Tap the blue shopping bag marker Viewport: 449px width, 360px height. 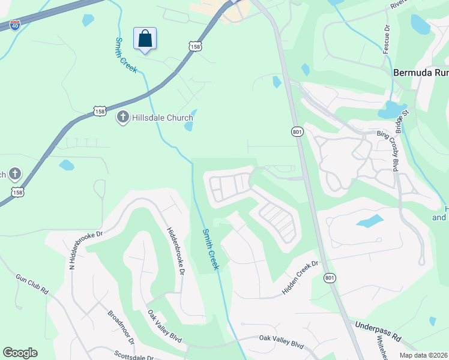pos(145,39)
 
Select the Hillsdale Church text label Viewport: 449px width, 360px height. pos(158,118)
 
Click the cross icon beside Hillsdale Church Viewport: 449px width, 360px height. pos(123,117)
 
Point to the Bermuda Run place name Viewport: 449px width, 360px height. pos(421,73)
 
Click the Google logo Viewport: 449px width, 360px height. pos(20,353)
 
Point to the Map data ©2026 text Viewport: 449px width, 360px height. pos(424,354)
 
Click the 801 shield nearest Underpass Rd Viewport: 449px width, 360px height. pos(329,278)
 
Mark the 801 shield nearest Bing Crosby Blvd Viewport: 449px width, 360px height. pos(298,131)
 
